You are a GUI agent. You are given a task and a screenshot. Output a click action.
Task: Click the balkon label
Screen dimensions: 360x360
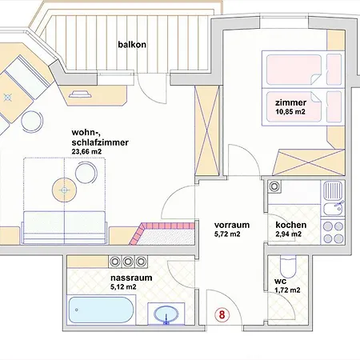(132, 44)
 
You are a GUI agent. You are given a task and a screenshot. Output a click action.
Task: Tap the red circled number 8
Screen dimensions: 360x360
(222, 314)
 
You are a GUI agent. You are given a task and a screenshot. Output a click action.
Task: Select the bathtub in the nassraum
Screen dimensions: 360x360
(101, 310)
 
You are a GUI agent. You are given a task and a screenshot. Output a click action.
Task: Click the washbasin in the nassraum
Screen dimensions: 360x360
(166, 314)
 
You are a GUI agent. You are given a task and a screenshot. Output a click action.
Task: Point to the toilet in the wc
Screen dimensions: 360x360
(288, 266)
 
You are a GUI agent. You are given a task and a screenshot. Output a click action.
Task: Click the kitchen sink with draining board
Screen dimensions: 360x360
(333, 198)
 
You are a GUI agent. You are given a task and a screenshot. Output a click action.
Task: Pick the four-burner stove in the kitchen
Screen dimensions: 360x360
(333, 232)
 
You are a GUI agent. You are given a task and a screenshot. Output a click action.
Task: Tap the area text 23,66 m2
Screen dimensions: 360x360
(86, 152)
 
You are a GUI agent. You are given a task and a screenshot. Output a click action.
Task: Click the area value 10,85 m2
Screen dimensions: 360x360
(290, 112)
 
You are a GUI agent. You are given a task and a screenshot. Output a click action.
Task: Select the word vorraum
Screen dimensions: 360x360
(232, 225)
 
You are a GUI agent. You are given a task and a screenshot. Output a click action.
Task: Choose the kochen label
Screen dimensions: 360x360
(291, 225)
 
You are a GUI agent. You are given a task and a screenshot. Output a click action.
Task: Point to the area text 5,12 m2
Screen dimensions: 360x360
(123, 287)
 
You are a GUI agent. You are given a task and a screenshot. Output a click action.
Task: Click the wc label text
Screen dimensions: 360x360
(280, 282)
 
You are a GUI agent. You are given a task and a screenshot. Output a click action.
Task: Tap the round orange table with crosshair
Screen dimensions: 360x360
(64, 190)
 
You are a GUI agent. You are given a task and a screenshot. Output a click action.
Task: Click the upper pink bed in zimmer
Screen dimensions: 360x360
(303, 70)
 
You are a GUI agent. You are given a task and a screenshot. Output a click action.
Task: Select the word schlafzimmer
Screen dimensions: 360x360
(100, 142)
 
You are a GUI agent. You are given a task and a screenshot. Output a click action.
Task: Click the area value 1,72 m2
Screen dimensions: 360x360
(287, 290)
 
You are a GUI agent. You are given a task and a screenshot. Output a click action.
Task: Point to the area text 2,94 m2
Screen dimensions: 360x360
(289, 234)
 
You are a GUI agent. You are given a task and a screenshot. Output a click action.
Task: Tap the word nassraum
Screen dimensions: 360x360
(131, 278)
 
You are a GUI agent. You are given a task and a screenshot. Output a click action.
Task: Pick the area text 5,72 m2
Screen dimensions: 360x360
(227, 234)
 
